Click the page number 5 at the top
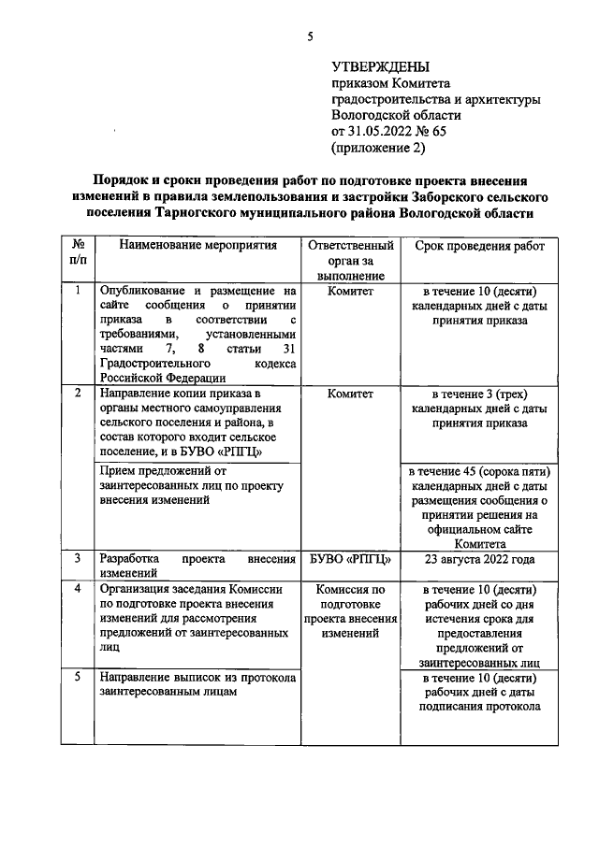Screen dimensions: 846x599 (309, 36)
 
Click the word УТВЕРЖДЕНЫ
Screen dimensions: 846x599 (381, 67)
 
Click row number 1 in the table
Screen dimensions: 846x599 (78, 292)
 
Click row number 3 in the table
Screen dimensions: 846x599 (78, 558)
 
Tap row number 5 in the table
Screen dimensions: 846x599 (78, 677)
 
